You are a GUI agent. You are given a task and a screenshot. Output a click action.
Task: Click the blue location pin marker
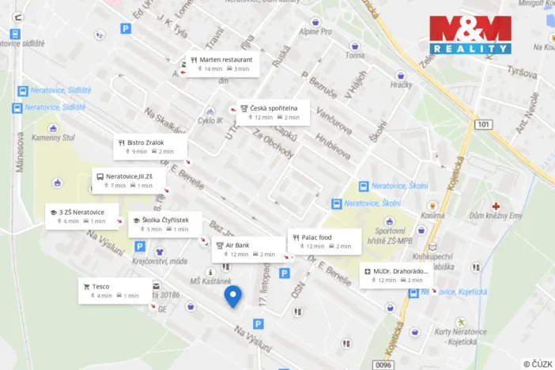point(232,296)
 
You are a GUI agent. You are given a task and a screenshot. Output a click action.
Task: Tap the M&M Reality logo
point(470,35)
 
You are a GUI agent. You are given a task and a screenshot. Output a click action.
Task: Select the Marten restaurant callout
point(221,64)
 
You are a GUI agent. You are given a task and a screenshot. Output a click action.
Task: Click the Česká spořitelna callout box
point(270,112)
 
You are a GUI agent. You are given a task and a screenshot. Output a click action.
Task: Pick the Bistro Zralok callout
point(149,146)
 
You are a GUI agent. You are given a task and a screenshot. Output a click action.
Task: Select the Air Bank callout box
point(248,249)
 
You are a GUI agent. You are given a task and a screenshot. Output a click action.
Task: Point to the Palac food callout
point(324,241)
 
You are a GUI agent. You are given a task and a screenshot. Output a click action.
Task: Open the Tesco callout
point(115,290)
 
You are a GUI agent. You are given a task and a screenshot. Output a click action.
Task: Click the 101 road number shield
point(484,124)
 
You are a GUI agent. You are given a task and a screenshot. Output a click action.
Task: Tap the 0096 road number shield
point(383,364)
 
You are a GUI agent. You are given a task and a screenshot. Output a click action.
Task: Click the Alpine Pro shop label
point(315,32)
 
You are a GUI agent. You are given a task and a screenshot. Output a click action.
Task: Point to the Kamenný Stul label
point(52,138)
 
